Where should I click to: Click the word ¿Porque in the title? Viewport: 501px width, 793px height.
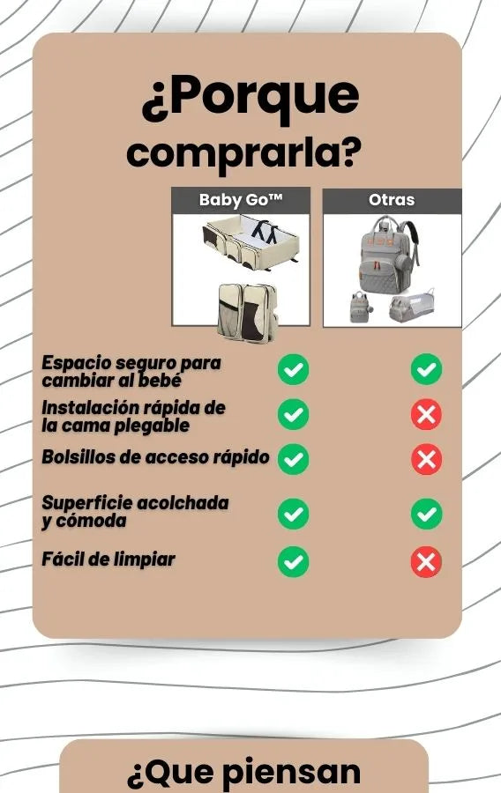tap(250, 97)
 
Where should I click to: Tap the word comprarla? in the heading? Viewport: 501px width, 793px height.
tap(244, 153)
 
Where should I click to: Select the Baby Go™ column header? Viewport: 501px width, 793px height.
tap(241, 200)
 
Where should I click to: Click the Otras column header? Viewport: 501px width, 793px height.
tap(392, 200)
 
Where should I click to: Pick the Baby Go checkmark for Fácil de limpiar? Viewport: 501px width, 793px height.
tap(293, 561)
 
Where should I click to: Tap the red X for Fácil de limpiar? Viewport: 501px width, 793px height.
tap(426, 561)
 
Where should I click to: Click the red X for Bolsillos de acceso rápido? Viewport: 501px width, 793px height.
tap(426, 459)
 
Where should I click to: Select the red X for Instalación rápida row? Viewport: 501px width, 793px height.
tap(426, 414)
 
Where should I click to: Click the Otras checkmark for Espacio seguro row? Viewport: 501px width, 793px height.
tap(426, 369)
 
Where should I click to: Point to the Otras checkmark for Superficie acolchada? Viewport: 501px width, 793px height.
tap(426, 514)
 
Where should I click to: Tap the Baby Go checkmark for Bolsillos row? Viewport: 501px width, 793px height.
tap(293, 459)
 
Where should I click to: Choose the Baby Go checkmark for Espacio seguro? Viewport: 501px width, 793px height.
tap(293, 369)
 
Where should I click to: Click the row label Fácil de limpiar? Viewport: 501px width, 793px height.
tap(108, 560)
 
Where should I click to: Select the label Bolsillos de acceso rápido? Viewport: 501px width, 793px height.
tap(155, 456)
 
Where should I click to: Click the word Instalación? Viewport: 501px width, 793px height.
tap(89, 408)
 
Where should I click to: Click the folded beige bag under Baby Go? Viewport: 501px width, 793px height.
tap(248, 313)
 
